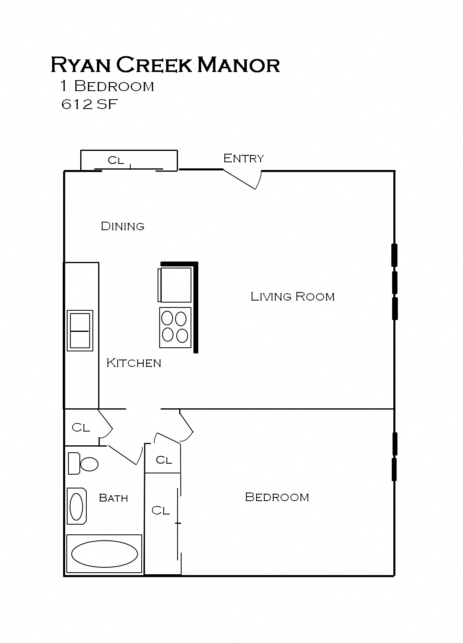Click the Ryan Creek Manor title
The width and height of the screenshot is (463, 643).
tap(165, 65)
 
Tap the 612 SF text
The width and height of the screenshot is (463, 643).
tap(89, 105)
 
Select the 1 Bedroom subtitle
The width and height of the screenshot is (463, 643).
tap(107, 86)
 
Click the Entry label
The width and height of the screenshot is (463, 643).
tap(244, 158)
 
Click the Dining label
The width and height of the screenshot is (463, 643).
tap(123, 226)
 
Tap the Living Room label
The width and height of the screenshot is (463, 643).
tap(292, 296)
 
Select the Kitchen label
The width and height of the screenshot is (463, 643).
tap(134, 363)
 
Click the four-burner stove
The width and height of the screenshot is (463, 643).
tap(175, 328)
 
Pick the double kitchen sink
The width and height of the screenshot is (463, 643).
tap(80, 331)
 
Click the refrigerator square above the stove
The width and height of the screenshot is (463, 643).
tap(175, 285)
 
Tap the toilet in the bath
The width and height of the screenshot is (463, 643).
tap(83, 464)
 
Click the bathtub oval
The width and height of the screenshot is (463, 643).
tap(105, 553)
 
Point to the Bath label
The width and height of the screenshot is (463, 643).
tap(113, 498)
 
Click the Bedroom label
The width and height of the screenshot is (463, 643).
tap(277, 497)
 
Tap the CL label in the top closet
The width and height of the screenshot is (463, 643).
tap(116, 160)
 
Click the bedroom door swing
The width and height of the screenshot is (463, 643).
tap(185, 427)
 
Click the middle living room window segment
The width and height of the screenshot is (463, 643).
tap(394, 282)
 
